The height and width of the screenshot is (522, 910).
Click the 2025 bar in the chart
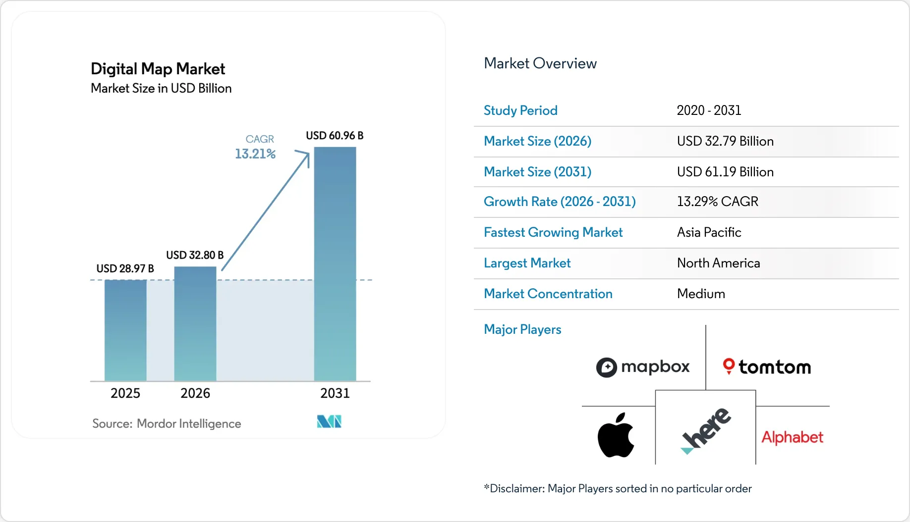click(125, 330)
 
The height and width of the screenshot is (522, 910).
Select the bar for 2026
click(195, 324)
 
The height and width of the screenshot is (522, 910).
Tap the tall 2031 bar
click(335, 264)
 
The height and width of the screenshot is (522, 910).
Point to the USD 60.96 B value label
click(335, 136)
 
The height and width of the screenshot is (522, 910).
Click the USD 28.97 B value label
click(125, 268)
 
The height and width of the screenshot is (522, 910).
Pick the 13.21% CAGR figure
click(255, 154)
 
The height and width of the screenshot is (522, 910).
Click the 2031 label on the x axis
click(335, 393)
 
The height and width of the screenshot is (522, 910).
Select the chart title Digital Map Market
click(158, 69)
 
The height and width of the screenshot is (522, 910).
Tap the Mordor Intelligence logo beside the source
click(329, 421)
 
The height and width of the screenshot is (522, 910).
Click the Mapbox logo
click(643, 367)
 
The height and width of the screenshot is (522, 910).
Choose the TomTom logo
click(767, 367)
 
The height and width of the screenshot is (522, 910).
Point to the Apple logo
click(616, 435)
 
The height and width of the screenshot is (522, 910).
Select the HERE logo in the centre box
click(706, 430)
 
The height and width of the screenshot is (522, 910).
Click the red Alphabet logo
click(792, 437)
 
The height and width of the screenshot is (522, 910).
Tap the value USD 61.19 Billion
click(725, 172)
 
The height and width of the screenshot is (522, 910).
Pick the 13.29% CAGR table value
click(717, 202)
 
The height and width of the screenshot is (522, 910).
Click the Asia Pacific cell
click(709, 232)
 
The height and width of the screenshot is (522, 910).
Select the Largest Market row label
click(527, 263)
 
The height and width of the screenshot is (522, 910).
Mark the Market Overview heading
click(540, 63)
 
